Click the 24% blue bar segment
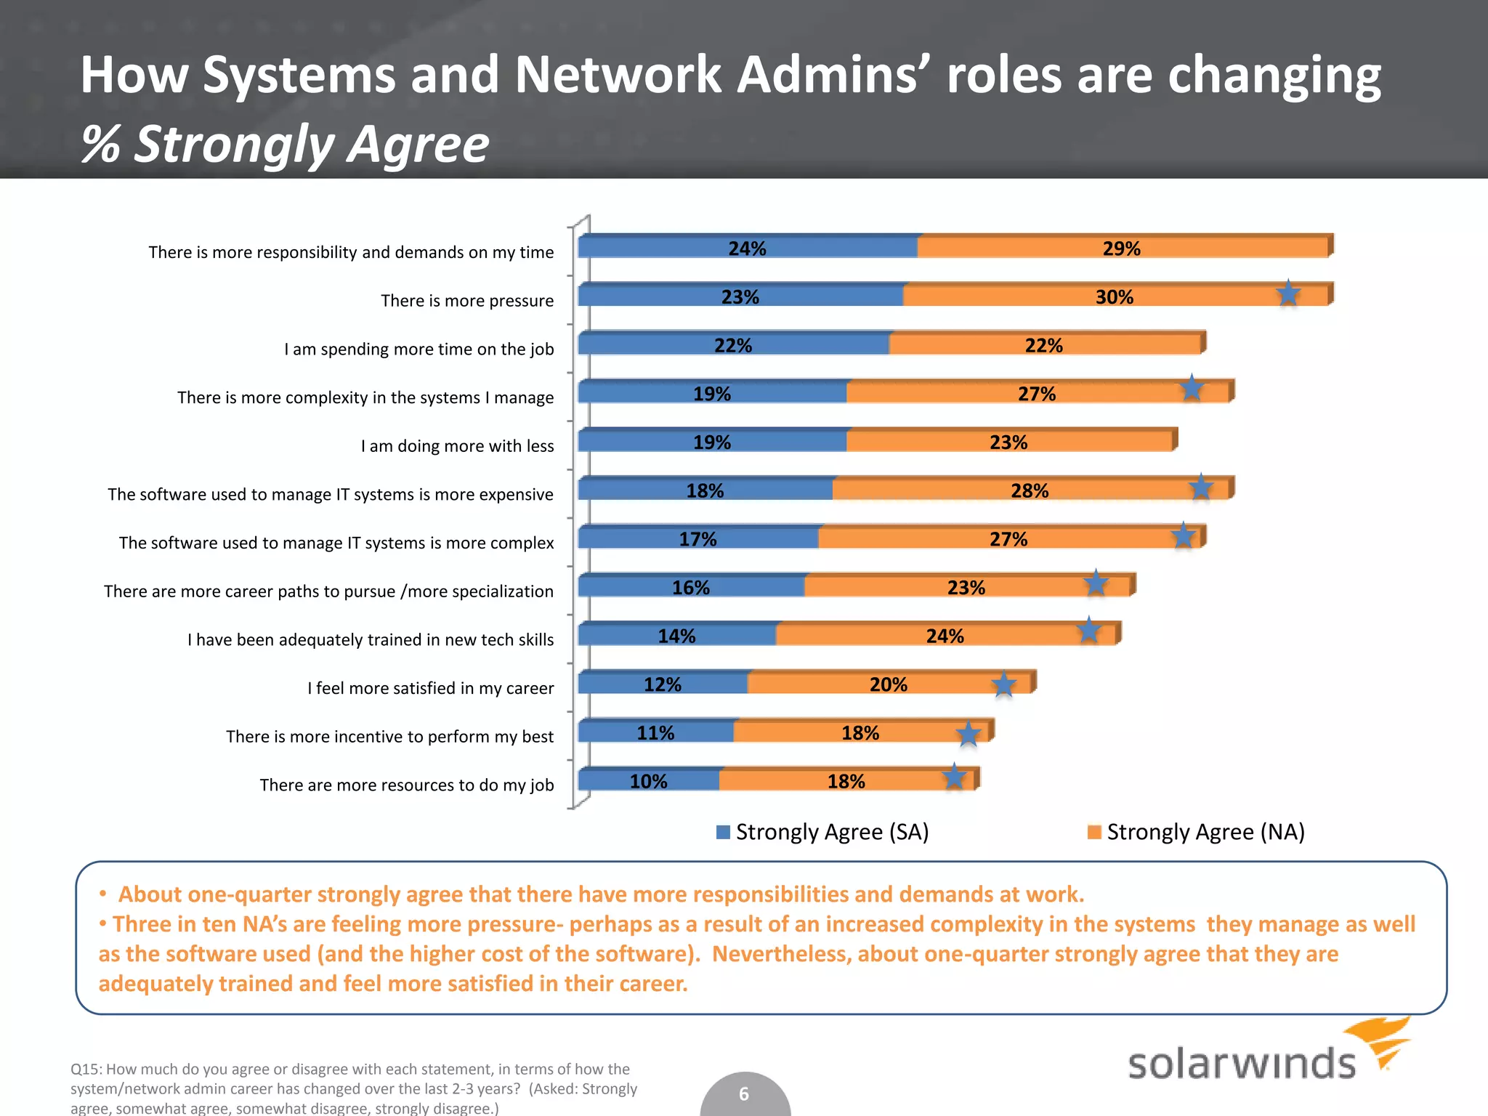pos(748,247)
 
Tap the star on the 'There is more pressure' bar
pos(1288,294)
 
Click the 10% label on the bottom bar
pos(648,781)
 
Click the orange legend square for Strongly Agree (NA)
pos(1094,832)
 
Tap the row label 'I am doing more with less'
pos(457,445)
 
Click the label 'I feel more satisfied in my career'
pos(430,688)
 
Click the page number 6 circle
pos(744,1093)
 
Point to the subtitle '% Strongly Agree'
pos(285,144)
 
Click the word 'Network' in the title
pos(618,74)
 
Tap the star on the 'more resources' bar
pos(954,777)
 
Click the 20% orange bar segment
pos(888,684)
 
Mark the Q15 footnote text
pos(354,1088)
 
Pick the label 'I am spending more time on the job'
pos(418,349)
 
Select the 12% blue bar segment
pos(663,684)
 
